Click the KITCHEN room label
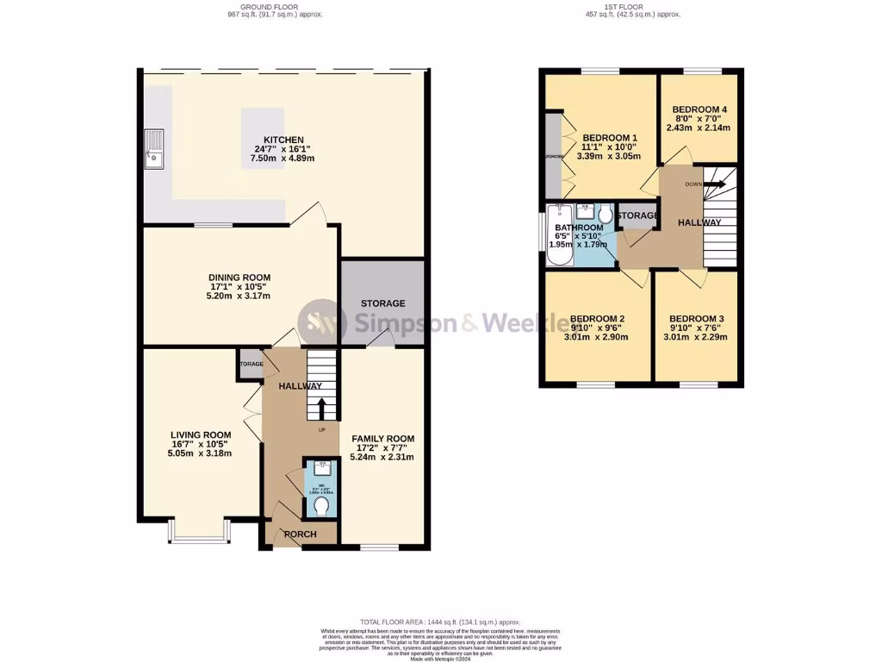[284, 140]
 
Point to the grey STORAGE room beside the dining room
[382, 303]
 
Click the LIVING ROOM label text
[201, 434]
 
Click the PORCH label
[300, 534]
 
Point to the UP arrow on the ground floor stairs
[323, 408]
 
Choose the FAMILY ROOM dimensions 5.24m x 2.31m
[382, 457]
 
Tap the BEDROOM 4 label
[699, 109]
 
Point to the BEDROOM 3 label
[696, 318]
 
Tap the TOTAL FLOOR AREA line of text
[441, 622]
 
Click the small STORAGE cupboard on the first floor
[637, 215]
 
